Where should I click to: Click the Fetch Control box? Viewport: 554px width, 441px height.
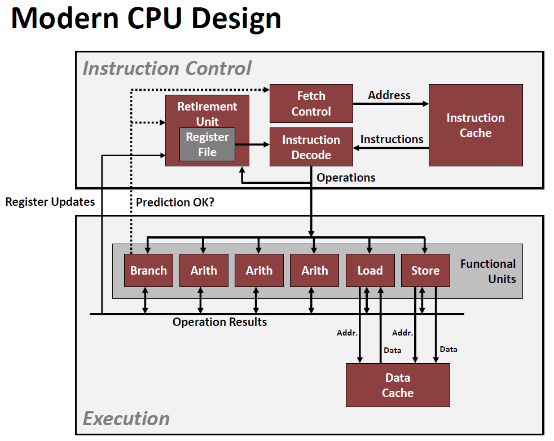(x=311, y=104)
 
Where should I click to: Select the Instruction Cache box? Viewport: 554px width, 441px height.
(x=476, y=125)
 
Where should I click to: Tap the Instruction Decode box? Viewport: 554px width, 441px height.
(x=311, y=147)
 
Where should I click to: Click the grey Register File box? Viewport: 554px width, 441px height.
(x=207, y=144)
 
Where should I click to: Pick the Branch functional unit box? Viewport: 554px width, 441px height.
(x=148, y=271)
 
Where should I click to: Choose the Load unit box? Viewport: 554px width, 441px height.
(x=370, y=271)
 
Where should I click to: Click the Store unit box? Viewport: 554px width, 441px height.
(x=425, y=271)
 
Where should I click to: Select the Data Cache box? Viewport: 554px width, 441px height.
(x=398, y=385)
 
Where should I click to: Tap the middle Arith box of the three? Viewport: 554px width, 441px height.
(x=259, y=271)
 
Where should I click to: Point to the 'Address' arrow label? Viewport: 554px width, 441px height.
(x=389, y=95)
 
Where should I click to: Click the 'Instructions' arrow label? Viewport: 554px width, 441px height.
(x=392, y=139)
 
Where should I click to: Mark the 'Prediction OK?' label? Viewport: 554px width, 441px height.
(x=175, y=202)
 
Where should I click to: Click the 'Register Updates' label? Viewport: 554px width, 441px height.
(x=50, y=202)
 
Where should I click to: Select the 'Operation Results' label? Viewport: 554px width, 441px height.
(x=219, y=322)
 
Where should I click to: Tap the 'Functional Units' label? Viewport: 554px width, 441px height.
(x=488, y=271)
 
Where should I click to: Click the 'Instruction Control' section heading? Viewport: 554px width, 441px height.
(x=167, y=68)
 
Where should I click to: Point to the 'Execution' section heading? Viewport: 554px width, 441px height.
(x=126, y=418)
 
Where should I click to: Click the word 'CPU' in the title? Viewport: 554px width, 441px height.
(x=154, y=19)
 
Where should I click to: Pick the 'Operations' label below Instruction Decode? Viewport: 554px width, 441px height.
(x=346, y=178)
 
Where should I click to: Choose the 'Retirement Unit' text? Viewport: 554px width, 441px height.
(x=207, y=113)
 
